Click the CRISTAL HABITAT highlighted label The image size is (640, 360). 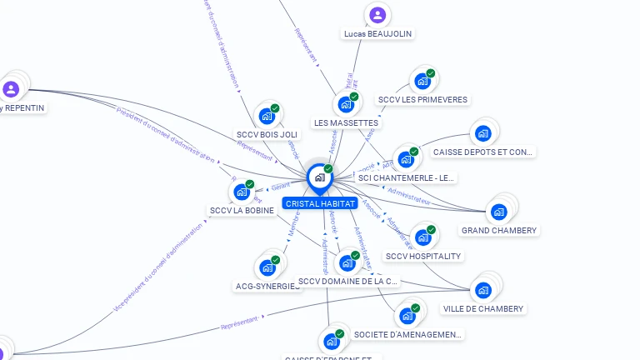pos(320,203)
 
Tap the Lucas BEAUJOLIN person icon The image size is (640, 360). pos(377,15)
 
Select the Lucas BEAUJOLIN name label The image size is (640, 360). pos(377,34)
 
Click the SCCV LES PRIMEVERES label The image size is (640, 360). pos(423,100)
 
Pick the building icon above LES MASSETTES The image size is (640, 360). pos(345,105)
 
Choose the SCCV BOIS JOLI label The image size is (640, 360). pos(267,134)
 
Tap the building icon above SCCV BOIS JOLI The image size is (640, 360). pos(267,115)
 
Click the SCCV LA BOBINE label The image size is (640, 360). pos(242,211)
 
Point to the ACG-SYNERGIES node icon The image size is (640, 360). pos(267,267)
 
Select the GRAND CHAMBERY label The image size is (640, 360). pos(499,230)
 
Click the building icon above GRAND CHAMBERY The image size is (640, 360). pos(499,211)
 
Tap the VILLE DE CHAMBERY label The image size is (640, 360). pos(483,308)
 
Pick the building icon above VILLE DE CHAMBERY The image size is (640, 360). pos(483,290)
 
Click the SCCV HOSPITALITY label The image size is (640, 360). pos(423,256)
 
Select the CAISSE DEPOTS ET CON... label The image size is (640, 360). pos(483,152)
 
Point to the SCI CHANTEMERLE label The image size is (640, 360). pos(407,177)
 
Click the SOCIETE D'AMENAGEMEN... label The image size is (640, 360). pos(407,334)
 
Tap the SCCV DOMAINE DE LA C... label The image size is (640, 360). pos(349,282)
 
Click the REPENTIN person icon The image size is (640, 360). pos(11,89)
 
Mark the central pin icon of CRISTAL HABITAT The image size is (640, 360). pos(319,177)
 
